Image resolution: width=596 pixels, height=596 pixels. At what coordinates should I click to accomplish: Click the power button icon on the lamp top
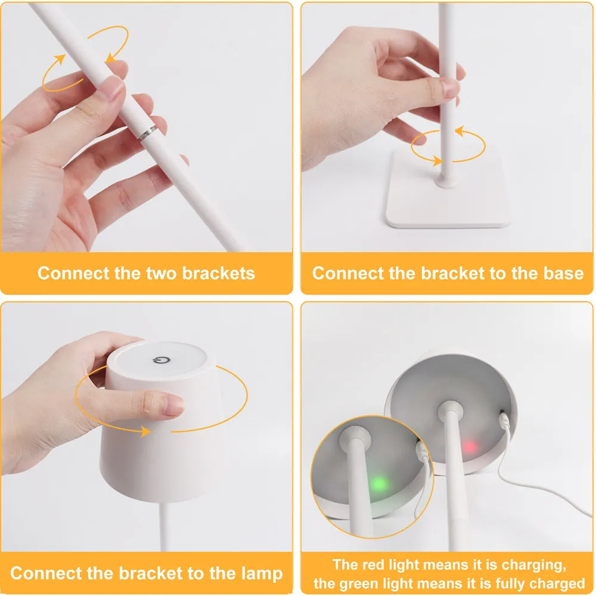[160, 360]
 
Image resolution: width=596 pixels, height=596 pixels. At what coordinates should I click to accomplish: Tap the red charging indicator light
[469, 446]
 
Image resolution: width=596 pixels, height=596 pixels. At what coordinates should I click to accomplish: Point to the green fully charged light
[378, 483]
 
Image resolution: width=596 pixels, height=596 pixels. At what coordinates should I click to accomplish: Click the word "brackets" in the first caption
[218, 274]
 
